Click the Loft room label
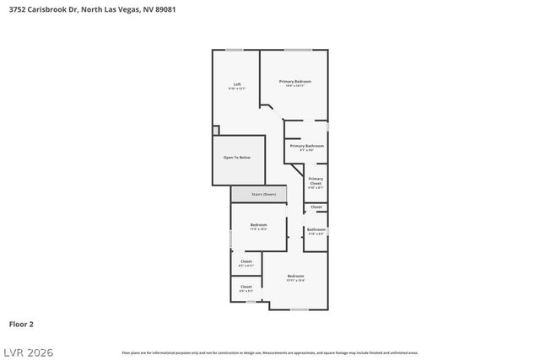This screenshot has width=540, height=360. click(x=237, y=85)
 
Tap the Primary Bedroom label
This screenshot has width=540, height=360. click(x=295, y=83)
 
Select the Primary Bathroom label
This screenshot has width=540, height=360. click(x=307, y=147)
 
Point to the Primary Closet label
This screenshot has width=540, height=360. click(x=316, y=182)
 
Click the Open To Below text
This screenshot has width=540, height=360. click(x=236, y=158)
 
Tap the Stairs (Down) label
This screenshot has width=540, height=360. click(x=263, y=194)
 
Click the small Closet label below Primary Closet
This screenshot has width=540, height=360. click(x=316, y=207)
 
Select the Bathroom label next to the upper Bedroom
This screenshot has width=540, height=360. click(x=316, y=231)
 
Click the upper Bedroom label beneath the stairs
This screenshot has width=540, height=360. click(x=258, y=226)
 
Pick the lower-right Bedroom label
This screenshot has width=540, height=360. click(x=295, y=278)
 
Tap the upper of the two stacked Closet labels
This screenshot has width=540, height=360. click(x=246, y=263)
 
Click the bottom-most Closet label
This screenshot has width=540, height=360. click(x=246, y=287)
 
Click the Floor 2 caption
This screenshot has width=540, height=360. click(x=21, y=323)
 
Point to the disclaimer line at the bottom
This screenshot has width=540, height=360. click(x=269, y=352)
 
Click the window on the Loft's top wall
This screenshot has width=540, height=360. click(x=235, y=50)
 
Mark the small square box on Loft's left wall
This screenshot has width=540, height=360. click(x=216, y=131)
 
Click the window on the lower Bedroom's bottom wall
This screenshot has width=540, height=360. click(x=299, y=309)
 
